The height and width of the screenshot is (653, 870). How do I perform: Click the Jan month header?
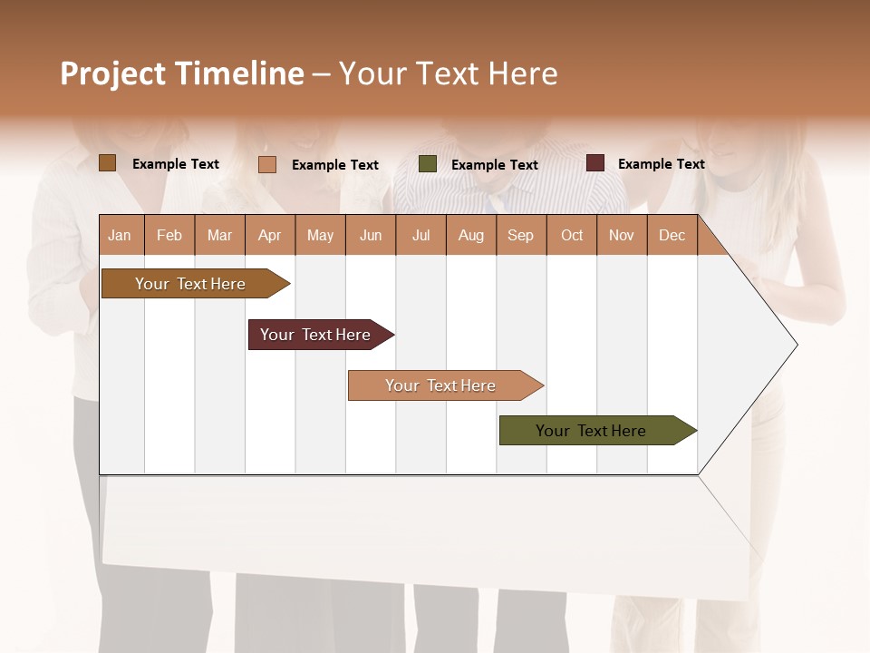pos(120,236)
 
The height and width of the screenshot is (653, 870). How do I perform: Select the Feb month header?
pos(169,236)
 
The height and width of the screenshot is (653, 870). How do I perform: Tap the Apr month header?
pos(270,236)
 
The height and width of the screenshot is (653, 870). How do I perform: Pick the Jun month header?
pos(371,236)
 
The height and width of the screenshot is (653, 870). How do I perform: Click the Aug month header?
pos(471,236)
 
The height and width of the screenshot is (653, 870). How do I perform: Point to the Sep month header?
pos(521,236)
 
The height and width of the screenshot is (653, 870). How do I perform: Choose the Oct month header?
pos(572,236)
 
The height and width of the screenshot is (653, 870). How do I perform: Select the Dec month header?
pos(672,236)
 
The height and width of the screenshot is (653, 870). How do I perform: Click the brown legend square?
pos(108,163)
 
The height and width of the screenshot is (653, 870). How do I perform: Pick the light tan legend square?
pos(267,164)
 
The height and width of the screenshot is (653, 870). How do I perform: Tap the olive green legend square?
pos(428,164)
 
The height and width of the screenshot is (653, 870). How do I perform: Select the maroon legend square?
pos(595,163)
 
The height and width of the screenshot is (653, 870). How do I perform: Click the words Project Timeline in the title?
pos(181,73)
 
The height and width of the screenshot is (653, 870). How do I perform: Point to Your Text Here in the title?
pos(448,73)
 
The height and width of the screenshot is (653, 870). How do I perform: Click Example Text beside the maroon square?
pos(661,164)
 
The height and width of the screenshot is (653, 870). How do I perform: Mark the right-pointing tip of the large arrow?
pos(795,345)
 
